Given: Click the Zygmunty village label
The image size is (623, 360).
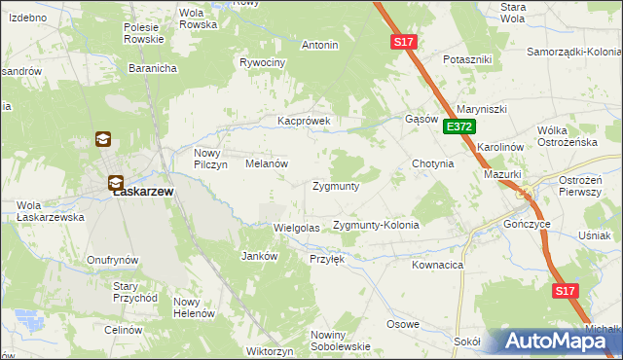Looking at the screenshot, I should pos(336,185).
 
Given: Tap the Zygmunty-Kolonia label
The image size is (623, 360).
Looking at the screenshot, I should pos(376,225).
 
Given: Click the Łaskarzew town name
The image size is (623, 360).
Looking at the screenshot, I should pos(143,192).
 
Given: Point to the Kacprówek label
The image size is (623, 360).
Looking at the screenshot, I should pos(305,122).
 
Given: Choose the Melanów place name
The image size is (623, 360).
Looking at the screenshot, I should pos(265,164).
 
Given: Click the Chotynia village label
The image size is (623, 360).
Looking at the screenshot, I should pos(433,164).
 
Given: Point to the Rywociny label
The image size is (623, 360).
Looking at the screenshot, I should pos(263,62).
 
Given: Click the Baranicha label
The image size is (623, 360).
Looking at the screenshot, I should pos(152,69).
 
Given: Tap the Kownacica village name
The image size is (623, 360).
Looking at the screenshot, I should pos(437,264).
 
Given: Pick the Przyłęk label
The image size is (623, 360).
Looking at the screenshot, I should pos(327,259).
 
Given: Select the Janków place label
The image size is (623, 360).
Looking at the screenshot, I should pos(259,256).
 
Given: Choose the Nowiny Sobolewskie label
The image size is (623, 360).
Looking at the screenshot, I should pos(340,341).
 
